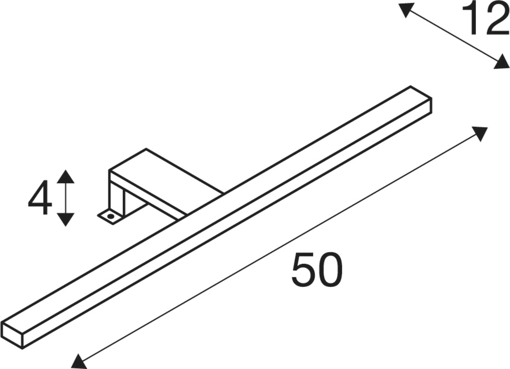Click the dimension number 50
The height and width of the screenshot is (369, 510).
click(x=317, y=270)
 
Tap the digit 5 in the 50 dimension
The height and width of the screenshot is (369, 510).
click(x=303, y=270)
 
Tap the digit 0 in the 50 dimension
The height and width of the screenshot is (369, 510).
click(x=330, y=270)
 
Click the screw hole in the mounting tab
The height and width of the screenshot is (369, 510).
click(x=111, y=216)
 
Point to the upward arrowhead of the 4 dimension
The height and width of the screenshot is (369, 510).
click(x=66, y=176)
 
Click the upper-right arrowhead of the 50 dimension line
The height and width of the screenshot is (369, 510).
click(x=479, y=133)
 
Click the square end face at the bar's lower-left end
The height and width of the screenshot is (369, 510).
click(x=12, y=335)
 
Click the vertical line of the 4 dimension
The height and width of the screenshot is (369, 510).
click(x=66, y=198)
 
